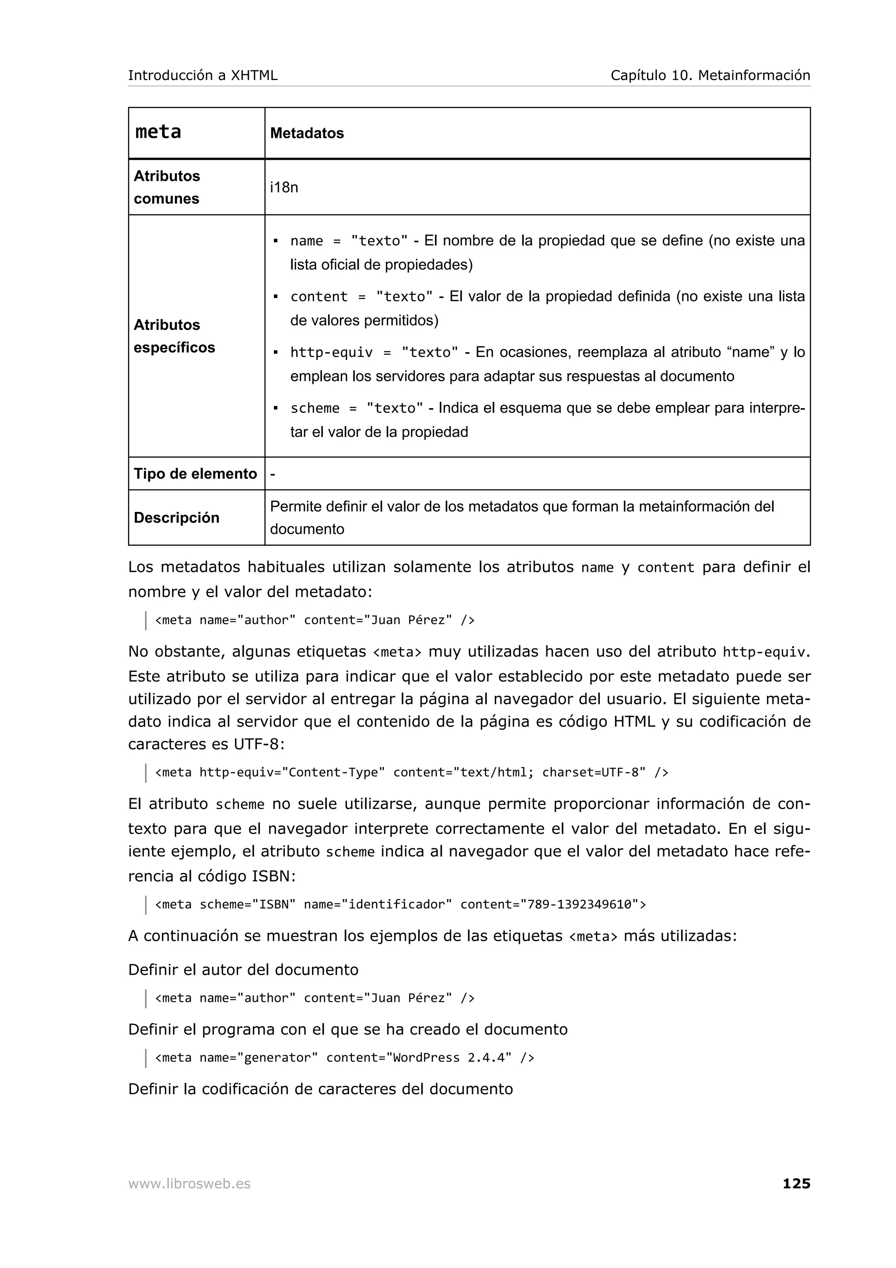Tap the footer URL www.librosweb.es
click(x=189, y=1184)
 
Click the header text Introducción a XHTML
click(x=203, y=75)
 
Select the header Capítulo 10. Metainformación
click(x=710, y=75)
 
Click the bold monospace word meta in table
click(x=158, y=132)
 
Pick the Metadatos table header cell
click(x=307, y=133)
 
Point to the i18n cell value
click(x=284, y=187)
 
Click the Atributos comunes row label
click(x=167, y=187)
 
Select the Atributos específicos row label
click(x=174, y=336)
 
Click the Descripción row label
click(x=176, y=518)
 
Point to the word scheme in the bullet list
click(x=315, y=408)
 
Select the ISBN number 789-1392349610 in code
click(x=579, y=904)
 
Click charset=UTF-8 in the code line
click(x=594, y=772)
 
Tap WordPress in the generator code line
click(x=426, y=1057)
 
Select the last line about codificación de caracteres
click(x=320, y=1089)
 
